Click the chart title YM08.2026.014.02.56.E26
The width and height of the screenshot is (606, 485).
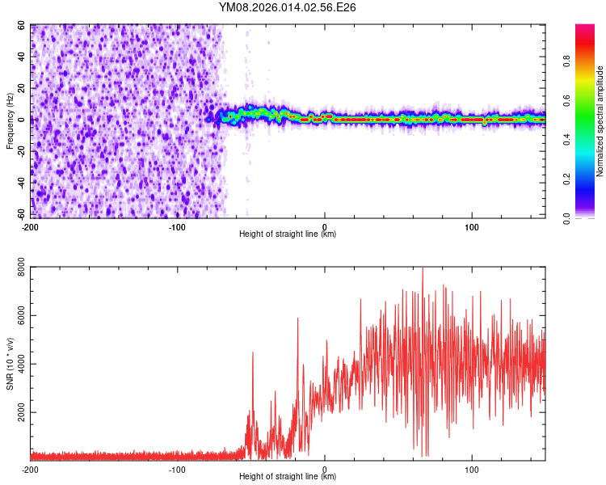click(x=288, y=7)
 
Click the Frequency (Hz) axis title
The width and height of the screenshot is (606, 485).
click(x=11, y=121)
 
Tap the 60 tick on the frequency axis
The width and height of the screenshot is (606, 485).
click(x=22, y=26)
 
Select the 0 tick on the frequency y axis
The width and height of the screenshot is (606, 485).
click(x=24, y=120)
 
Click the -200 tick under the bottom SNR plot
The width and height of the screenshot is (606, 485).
click(x=30, y=469)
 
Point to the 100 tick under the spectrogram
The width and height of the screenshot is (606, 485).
click(x=472, y=226)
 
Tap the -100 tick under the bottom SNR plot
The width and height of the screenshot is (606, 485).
click(x=177, y=469)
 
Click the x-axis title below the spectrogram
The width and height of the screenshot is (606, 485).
click(x=288, y=234)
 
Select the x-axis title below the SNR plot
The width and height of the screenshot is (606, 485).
click(x=288, y=477)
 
